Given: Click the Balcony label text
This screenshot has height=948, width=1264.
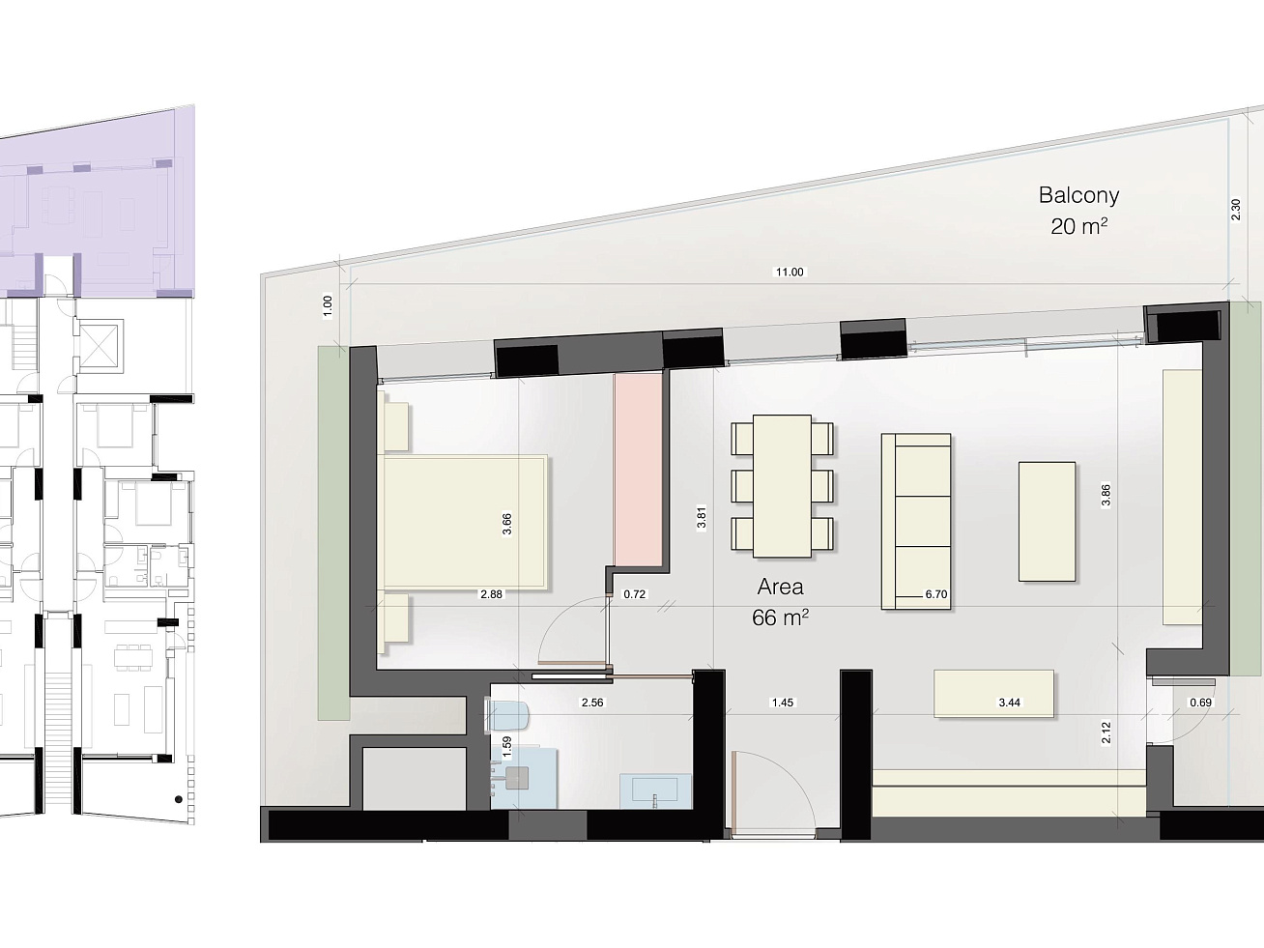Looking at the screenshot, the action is [1078, 196].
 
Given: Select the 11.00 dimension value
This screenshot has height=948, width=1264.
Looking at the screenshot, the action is [789, 273].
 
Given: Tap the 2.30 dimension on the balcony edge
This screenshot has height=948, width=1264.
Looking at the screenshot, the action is [1235, 210].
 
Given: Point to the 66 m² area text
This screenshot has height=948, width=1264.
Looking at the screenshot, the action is [780, 618].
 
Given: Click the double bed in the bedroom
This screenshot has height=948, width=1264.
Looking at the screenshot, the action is [465, 522].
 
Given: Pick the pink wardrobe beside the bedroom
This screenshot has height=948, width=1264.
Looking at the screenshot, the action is [638, 470].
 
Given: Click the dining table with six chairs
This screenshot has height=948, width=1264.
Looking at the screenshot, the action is [782, 486].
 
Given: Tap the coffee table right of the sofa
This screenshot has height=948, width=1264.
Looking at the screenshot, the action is [1047, 522].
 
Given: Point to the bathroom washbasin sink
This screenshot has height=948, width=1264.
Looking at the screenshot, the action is [655, 790].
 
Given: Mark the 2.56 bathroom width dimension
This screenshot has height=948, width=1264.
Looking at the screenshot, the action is [592, 703].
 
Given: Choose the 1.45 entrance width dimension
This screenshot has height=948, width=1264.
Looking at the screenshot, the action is [783, 703].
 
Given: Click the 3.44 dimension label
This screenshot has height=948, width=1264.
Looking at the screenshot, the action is [1010, 703].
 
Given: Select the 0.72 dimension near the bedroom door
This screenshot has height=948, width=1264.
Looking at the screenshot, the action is [634, 594].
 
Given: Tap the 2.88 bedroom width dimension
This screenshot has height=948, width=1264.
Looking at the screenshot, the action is [491, 594].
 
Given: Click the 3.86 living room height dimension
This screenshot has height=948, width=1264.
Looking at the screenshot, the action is [1106, 496].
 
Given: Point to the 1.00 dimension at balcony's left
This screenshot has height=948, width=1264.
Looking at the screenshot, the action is [327, 306].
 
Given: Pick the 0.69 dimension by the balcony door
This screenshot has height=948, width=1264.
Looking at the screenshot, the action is [1200, 703].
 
